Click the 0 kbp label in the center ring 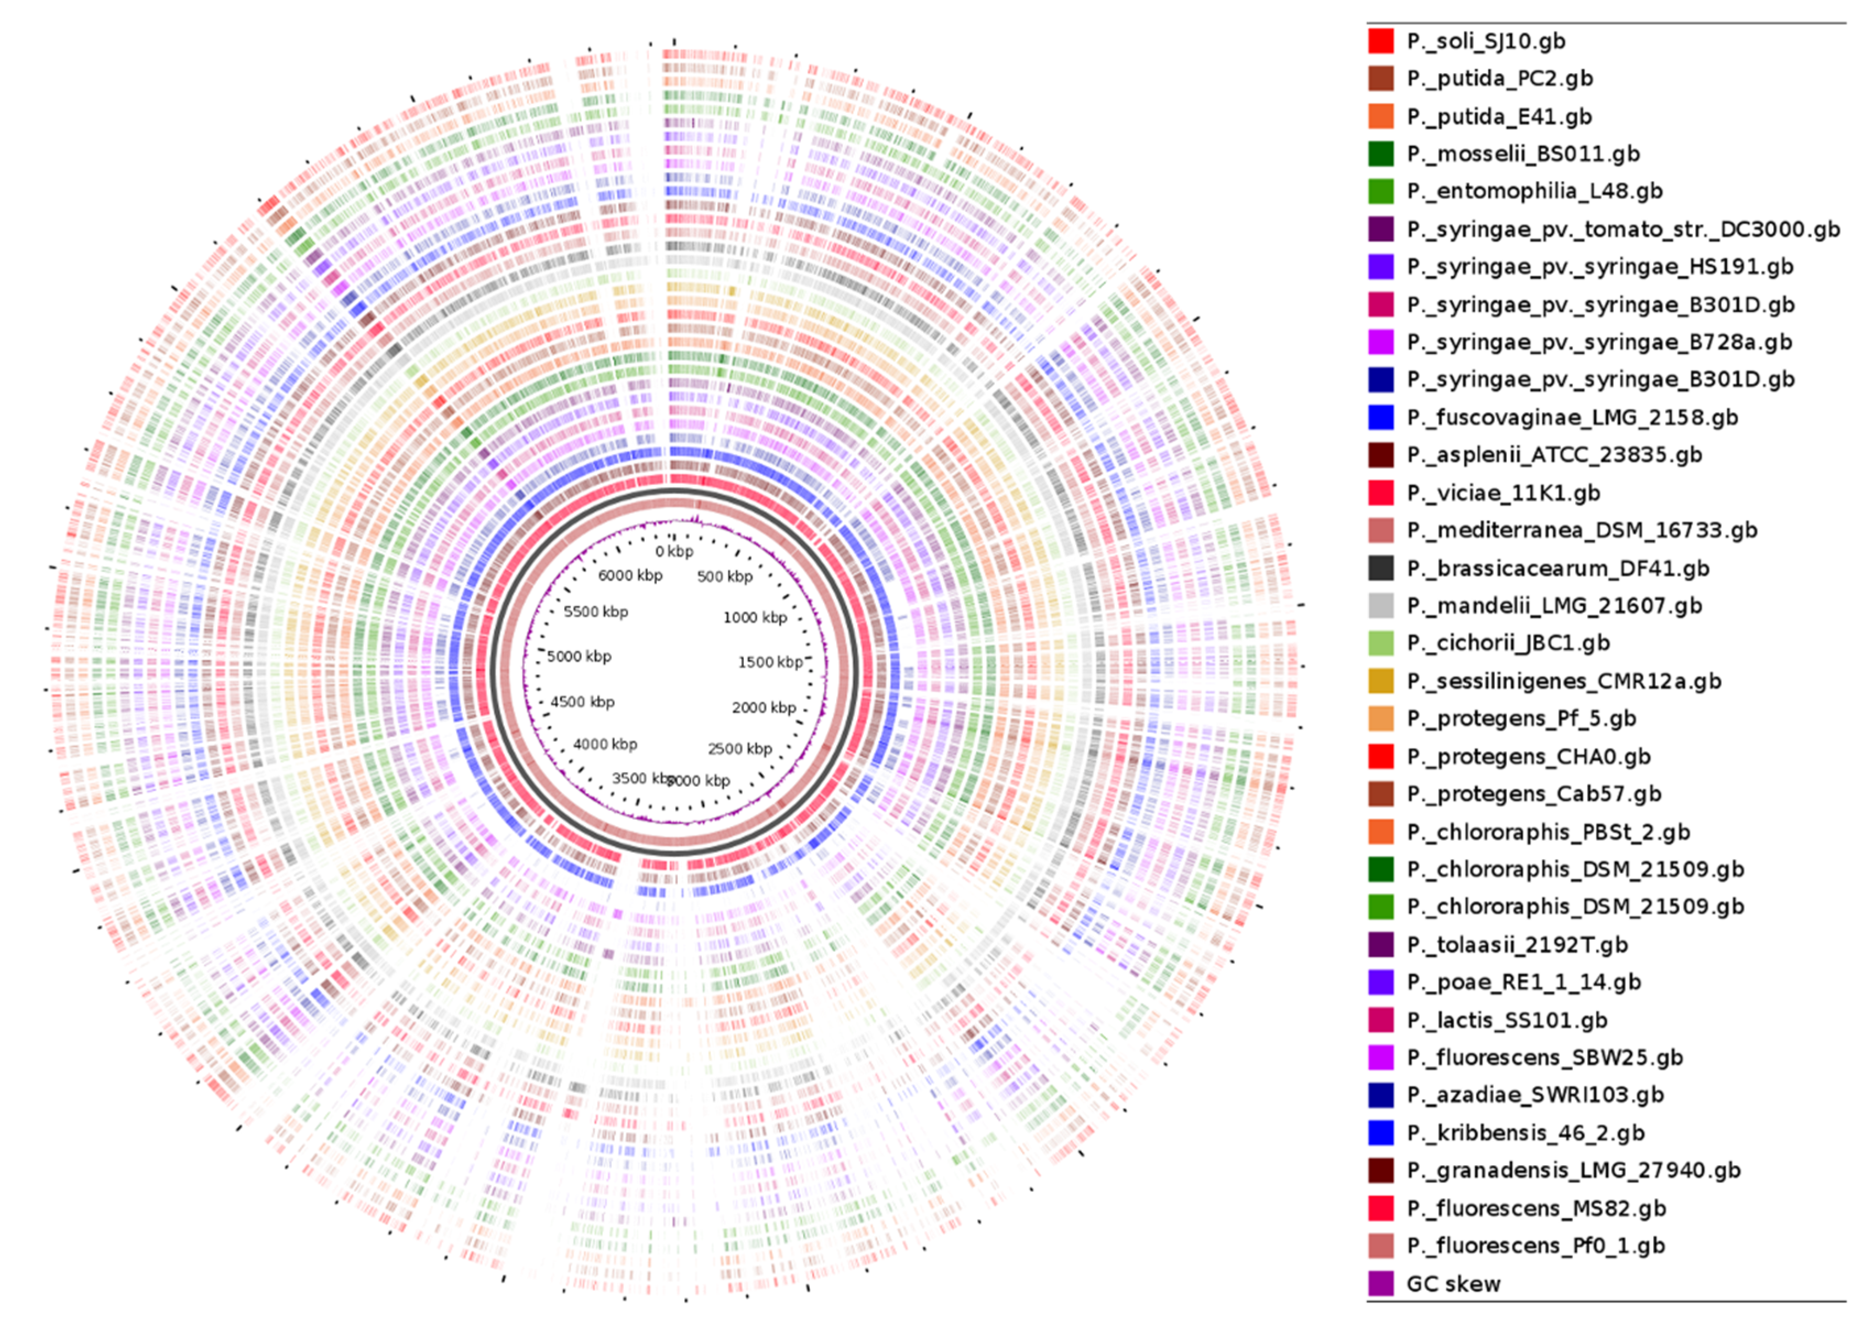[674, 551]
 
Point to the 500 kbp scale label [724, 577]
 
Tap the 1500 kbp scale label [770, 662]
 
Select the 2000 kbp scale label [763, 708]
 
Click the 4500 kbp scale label [582, 702]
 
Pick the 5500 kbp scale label [596, 612]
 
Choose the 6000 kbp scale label [630, 575]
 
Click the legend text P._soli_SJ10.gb [1485, 41]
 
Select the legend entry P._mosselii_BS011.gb [1523, 154]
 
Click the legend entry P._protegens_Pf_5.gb [1521, 718]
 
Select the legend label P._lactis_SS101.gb [1507, 1020]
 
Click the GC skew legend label [1453, 1283]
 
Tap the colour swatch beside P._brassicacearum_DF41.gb [1381, 568]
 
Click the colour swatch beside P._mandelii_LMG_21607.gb [1381, 605]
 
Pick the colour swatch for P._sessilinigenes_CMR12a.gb [1381, 681]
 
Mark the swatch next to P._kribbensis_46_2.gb [1381, 1132]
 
